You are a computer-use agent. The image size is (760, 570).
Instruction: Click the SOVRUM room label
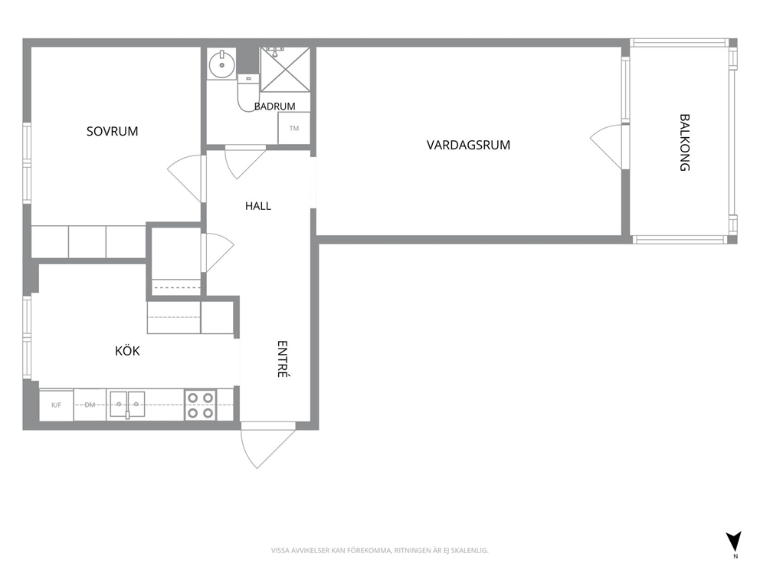pos(112,131)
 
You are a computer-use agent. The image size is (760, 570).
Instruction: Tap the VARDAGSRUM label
pos(468,145)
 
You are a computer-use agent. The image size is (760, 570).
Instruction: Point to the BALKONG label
pos(684,142)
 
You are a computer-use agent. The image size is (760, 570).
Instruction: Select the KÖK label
pos(127,350)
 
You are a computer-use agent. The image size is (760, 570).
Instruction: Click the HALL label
pos(258,206)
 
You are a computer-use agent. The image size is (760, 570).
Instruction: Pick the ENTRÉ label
pos(283,359)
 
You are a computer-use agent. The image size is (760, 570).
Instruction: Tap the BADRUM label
pos(275,106)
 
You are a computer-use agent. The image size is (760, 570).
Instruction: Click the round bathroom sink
pos(222,64)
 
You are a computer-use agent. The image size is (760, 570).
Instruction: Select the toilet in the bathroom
pos(248,92)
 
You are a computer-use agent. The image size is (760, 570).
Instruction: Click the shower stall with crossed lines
pos(285,69)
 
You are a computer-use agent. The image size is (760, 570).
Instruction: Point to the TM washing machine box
pos(294,128)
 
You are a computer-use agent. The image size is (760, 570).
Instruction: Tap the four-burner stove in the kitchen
pos(200,405)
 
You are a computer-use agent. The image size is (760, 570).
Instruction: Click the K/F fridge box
pos(56,405)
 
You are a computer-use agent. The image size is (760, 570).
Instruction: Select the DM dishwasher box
pos(90,405)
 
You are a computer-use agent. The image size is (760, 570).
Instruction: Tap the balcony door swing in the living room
pos(607,146)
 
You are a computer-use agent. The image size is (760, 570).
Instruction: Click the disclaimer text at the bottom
pos(379,551)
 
